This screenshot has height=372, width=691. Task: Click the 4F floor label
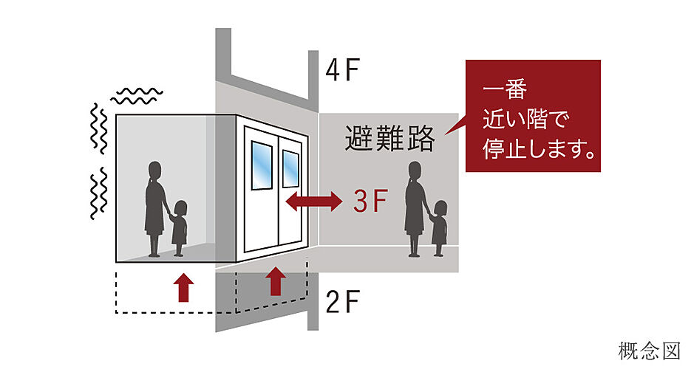click(x=342, y=69)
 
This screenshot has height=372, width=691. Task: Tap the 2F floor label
click(x=342, y=302)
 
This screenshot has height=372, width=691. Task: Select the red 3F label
click(x=370, y=201)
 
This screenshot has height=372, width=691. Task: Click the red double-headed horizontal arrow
click(x=314, y=201)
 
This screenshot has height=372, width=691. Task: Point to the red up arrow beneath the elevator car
click(x=183, y=287)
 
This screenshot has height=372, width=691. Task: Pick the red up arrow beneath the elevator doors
click(x=276, y=281)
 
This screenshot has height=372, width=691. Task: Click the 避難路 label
click(x=390, y=138)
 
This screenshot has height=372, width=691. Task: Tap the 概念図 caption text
click(x=649, y=351)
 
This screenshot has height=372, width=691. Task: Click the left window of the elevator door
click(x=262, y=165)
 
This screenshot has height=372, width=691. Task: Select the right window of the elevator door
click(x=290, y=168)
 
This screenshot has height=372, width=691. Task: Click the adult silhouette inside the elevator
click(x=154, y=209)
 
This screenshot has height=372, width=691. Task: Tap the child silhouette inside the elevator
click(x=179, y=228)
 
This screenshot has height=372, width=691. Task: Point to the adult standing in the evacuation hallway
click(x=415, y=209)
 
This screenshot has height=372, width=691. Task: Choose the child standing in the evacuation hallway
click(x=439, y=228)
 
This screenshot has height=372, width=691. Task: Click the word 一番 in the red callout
click(x=505, y=89)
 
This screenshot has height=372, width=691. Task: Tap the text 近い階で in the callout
click(x=525, y=119)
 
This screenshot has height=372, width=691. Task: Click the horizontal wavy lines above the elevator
click(x=137, y=96)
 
